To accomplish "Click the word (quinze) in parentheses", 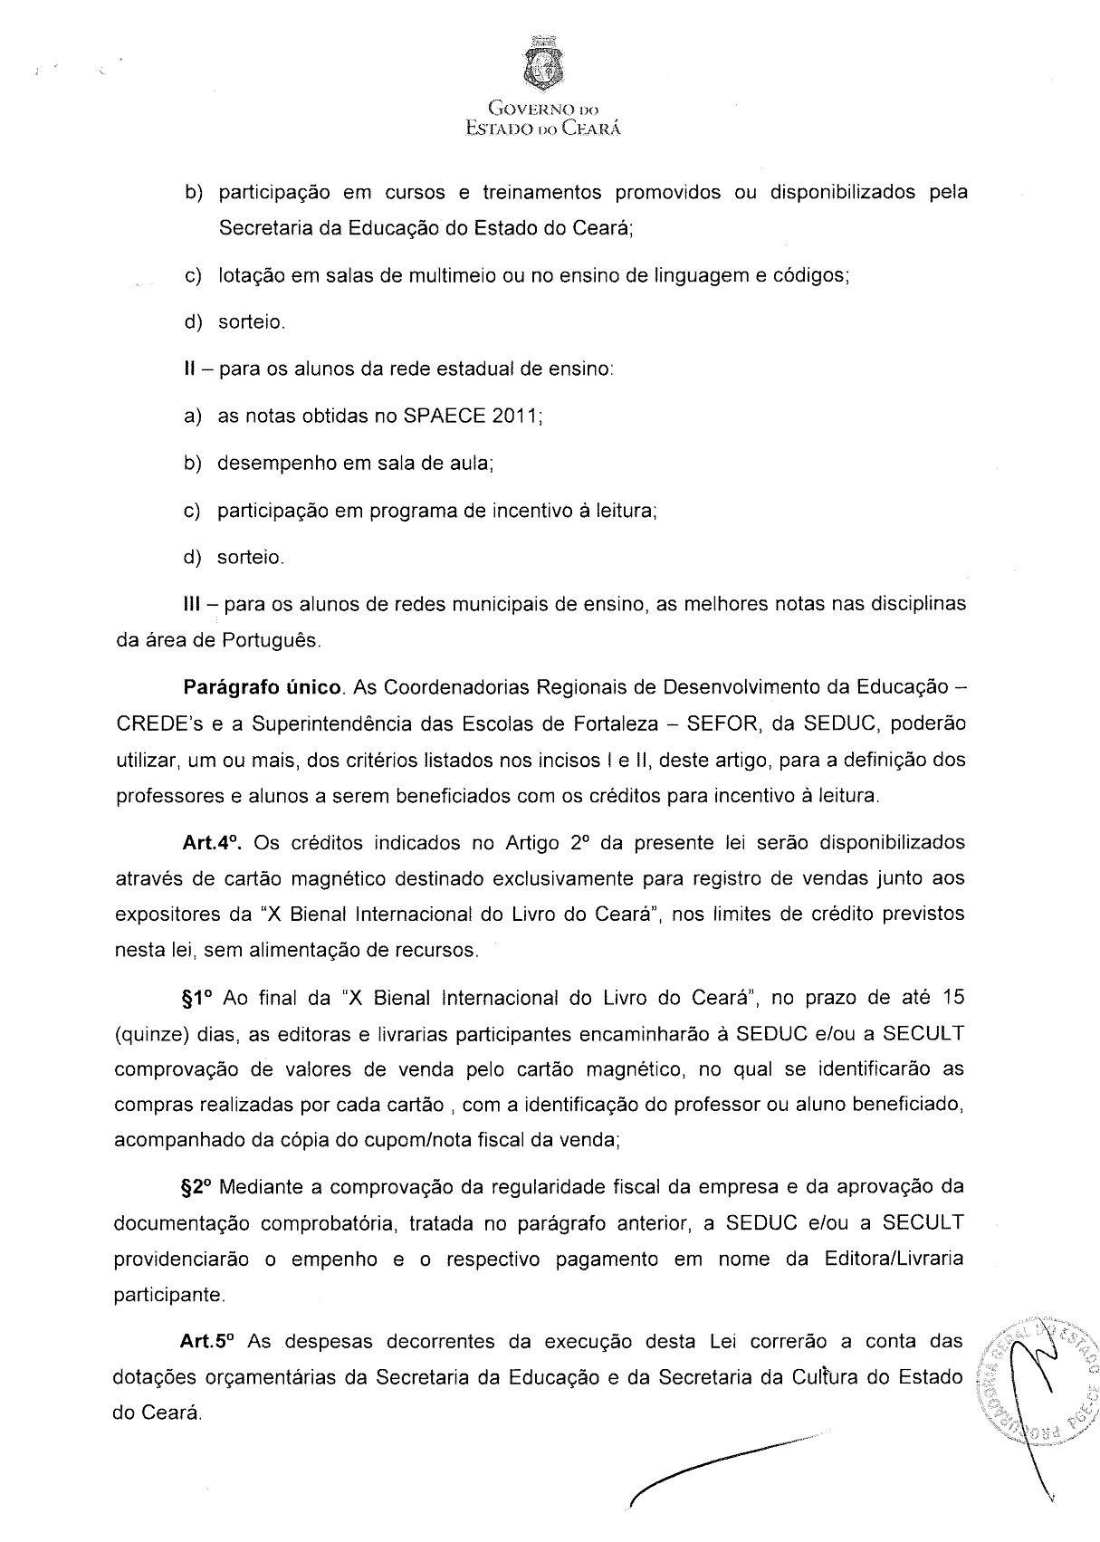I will (148, 1034).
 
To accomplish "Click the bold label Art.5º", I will (212, 1340).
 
